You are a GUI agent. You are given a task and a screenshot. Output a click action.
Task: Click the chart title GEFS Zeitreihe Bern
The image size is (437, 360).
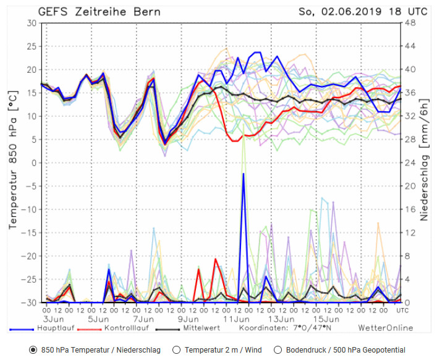coord(101,12)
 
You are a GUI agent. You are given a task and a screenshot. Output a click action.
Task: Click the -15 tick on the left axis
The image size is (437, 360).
coord(28,233)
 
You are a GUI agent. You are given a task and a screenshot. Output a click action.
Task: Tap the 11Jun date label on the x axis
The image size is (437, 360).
coord(233,319)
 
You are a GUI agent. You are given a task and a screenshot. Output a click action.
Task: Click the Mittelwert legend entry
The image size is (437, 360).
coord(197,328)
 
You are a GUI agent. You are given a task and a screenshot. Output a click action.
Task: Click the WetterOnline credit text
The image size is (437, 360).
coord(384,328)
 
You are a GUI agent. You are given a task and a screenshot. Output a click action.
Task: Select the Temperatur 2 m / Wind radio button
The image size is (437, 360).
coord(176,350)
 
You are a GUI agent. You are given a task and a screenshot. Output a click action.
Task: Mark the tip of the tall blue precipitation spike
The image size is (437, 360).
coord(244,174)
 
